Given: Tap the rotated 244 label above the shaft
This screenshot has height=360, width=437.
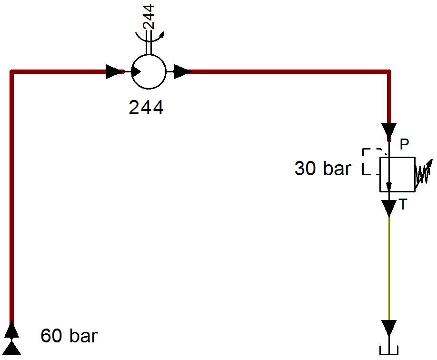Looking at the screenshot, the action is coord(148,17).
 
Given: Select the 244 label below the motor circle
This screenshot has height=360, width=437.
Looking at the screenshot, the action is coord(146,108).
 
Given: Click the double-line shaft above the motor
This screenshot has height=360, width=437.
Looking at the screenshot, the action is coord(149,42).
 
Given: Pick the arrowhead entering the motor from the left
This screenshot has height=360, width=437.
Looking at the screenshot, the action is coord(115,71).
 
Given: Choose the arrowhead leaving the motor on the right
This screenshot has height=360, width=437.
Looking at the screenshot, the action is coord(183,71).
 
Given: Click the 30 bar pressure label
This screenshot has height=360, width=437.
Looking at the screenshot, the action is coord(323,169).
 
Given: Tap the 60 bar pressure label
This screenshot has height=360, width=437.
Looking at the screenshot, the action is coord(69,335).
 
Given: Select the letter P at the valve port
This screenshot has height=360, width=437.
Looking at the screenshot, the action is coord(405,144).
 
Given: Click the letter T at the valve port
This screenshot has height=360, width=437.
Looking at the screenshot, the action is coord(403,204).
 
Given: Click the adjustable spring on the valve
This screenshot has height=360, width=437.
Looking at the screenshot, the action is coord(423,173).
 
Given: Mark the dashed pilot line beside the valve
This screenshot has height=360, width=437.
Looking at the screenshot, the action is coord(363,162).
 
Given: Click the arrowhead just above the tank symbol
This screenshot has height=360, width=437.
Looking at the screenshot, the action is coord(389,328).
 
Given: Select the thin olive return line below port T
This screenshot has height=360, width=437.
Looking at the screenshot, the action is coord(389,268).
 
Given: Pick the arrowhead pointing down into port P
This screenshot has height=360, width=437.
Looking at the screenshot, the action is coord(389,131).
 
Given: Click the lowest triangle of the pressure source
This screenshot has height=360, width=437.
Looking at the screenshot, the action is coord(12,349).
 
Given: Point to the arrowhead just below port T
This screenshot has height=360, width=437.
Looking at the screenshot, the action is coord(389,208).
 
